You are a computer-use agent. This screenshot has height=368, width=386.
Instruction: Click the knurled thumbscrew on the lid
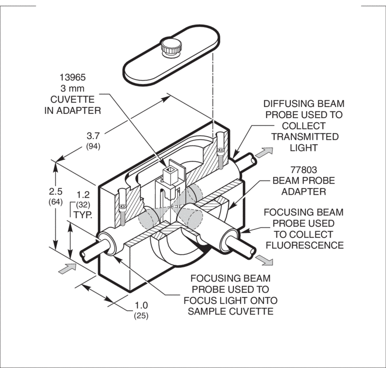171,47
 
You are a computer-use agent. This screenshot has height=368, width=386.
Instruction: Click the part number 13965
73,77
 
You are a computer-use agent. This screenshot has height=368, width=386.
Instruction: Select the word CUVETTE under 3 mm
73,99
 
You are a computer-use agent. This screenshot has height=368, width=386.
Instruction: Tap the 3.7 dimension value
93,136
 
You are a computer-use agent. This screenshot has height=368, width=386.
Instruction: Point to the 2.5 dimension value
55,191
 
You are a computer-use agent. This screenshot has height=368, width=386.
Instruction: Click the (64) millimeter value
55,202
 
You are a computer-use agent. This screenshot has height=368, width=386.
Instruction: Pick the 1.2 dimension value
83,195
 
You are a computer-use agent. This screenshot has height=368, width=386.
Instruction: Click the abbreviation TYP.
83,215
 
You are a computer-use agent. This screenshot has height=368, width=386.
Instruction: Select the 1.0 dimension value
141,305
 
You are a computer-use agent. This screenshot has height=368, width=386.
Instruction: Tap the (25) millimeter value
141,315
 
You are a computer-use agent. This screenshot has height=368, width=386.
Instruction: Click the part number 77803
304,170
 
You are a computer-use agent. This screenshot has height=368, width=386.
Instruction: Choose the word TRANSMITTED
305,136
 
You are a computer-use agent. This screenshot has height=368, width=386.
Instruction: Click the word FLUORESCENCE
305,245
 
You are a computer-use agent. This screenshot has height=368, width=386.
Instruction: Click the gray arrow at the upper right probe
264,152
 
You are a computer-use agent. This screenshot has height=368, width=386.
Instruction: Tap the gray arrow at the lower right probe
264,260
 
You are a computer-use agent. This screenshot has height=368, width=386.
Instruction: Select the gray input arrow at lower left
67,268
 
